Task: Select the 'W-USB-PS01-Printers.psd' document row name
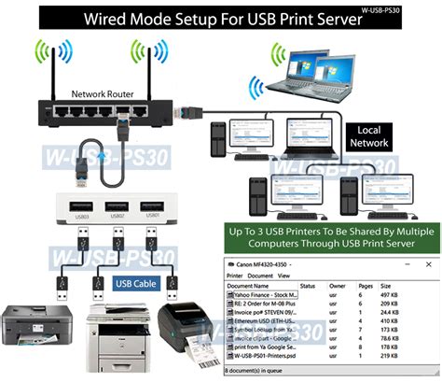tap(266, 356)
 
